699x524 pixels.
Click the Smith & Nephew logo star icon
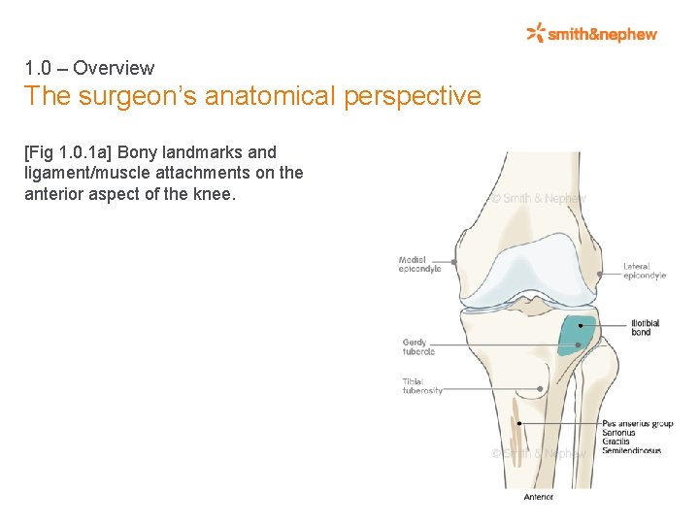tap(535, 33)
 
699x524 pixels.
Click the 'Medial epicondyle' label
tap(419, 264)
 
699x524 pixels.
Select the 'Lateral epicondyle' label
tap(645, 271)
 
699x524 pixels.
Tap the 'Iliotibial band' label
tap(646, 328)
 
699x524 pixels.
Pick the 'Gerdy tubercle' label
tap(418, 346)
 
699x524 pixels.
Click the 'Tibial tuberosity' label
tap(422, 386)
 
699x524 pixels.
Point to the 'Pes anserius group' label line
tap(637, 424)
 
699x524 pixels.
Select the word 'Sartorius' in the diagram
tap(618, 433)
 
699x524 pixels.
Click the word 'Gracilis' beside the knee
tap(616, 442)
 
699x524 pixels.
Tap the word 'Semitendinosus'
tap(631, 451)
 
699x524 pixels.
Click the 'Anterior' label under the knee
tap(538, 497)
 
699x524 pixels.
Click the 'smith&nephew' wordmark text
tap(602, 34)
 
